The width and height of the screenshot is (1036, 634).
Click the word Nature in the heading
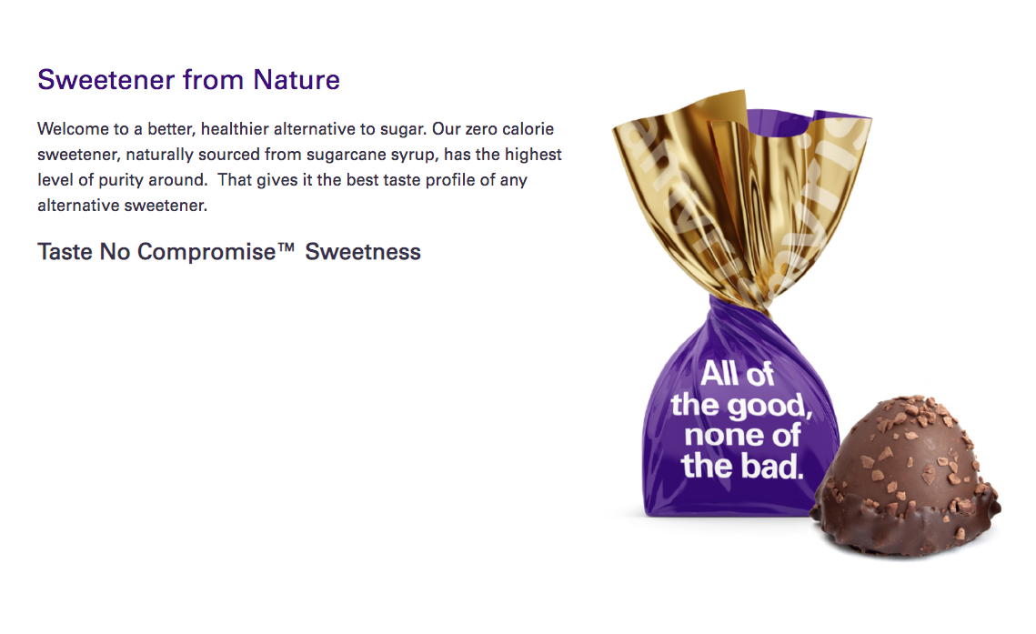click(297, 80)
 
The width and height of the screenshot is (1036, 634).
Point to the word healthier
click(235, 129)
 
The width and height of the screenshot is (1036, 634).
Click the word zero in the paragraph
click(482, 129)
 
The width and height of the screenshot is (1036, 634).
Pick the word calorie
click(528, 129)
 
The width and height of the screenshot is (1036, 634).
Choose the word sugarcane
click(343, 156)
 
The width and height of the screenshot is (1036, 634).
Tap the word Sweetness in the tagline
click(363, 252)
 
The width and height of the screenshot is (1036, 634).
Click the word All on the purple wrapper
click(719, 374)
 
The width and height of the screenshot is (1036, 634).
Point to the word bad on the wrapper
click(772, 466)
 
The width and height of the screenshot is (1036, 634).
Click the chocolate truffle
click(906, 475)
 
